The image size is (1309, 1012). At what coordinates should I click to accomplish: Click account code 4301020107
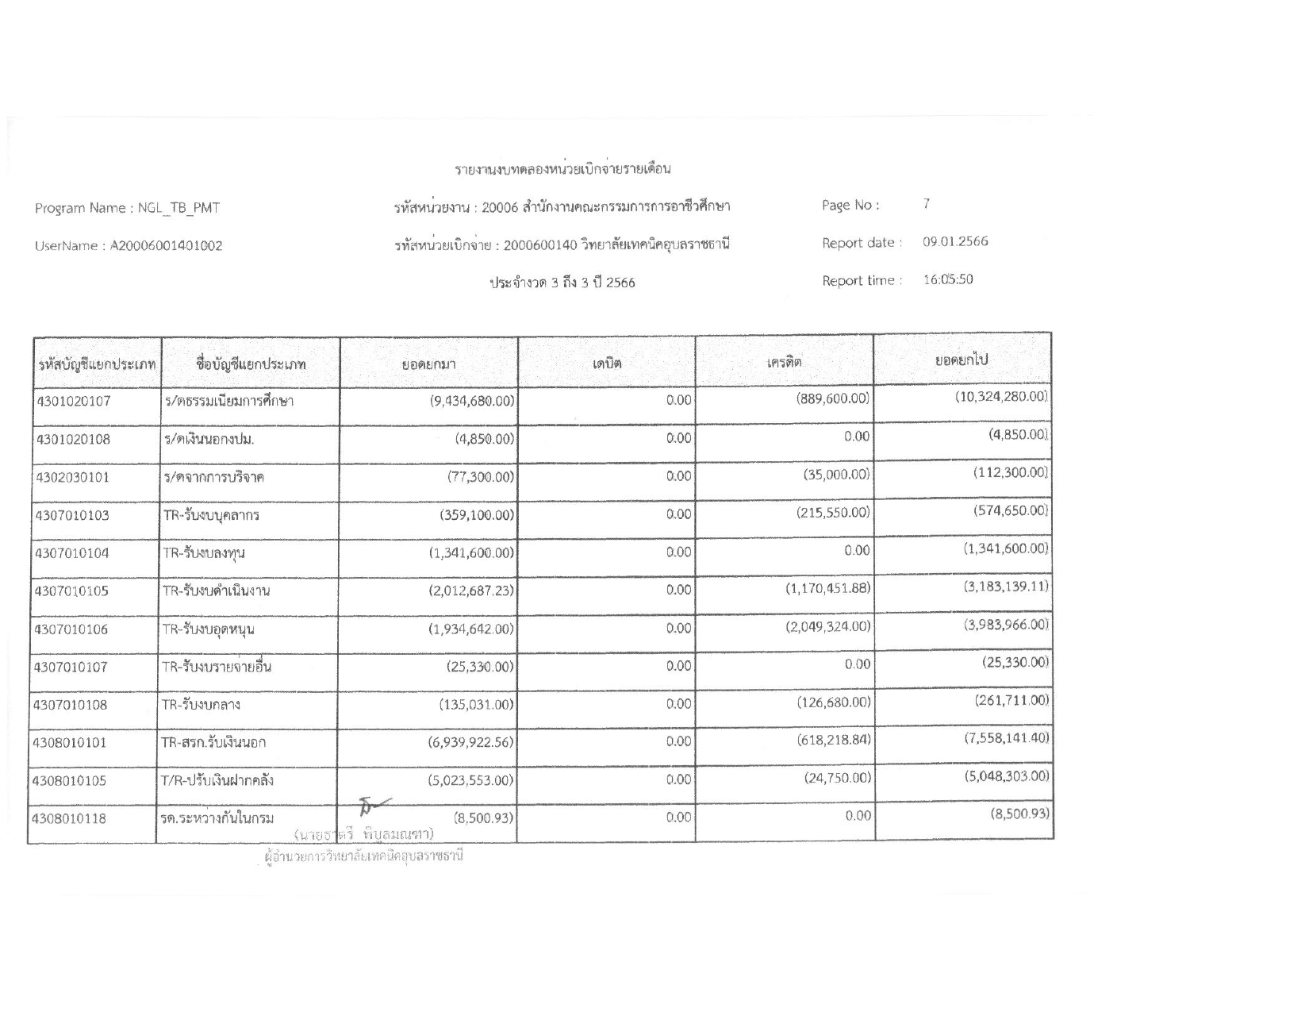73,401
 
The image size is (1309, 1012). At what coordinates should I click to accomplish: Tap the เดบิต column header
607,364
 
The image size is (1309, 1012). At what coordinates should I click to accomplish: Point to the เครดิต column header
784,362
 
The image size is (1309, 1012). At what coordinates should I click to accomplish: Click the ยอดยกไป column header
962,360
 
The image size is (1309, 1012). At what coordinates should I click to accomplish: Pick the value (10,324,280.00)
1001,396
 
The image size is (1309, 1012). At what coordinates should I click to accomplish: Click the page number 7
926,204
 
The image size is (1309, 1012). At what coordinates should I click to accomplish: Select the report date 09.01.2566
955,241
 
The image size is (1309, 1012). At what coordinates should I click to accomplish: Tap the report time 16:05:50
947,279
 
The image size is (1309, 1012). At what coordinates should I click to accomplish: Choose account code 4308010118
71,818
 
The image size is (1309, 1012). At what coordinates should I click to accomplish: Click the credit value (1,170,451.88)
827,588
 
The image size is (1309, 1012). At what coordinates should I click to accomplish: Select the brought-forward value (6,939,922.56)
471,742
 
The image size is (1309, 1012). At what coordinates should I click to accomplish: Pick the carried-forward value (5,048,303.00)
1006,775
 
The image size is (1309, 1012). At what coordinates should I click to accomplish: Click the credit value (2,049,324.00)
827,626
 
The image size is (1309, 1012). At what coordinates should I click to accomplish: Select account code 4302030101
72,477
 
